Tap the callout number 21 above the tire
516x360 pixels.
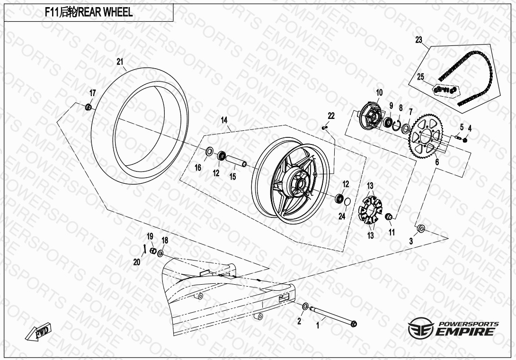pos(120,62)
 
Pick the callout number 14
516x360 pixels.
pos(224,120)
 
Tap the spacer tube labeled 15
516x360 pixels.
pos(236,161)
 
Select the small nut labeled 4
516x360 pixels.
pos(465,139)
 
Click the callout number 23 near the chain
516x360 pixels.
pos(418,40)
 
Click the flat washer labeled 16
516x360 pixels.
pos(208,152)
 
